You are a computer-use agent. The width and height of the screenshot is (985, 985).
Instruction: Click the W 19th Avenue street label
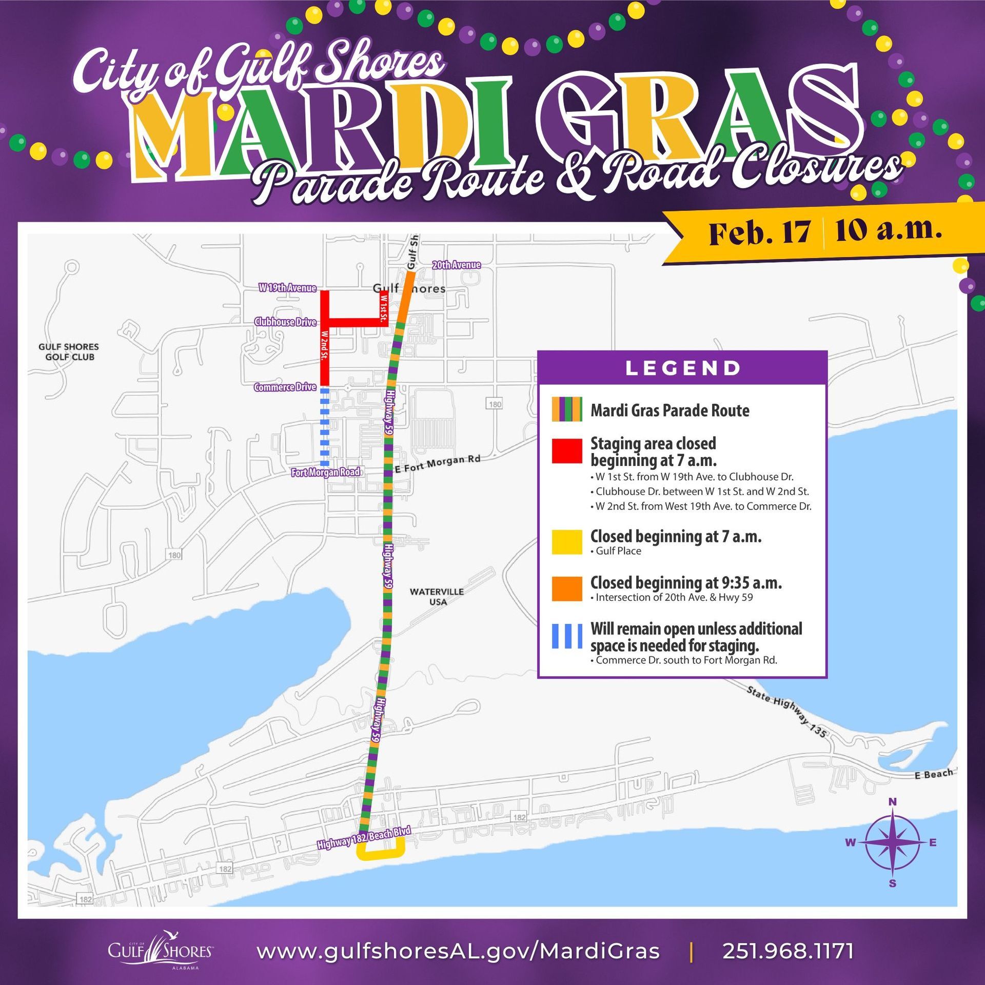[287, 288]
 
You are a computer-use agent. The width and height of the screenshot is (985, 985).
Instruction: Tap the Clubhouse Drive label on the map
[285, 322]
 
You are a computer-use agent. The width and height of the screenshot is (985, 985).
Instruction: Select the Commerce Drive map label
[285, 387]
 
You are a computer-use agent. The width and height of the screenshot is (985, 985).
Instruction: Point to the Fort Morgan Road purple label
[326, 472]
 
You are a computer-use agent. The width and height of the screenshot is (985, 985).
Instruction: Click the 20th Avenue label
[456, 265]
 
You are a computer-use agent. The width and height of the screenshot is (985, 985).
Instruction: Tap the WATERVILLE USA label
[437, 596]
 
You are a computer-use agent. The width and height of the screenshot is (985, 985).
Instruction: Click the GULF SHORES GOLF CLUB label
[69, 352]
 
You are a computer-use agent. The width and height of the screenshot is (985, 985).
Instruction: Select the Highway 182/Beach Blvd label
[364, 837]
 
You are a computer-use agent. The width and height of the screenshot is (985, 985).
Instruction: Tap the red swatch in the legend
[567, 451]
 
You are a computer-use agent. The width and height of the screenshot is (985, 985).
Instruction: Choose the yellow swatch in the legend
[567, 542]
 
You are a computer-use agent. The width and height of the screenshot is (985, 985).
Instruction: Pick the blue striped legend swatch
[567, 636]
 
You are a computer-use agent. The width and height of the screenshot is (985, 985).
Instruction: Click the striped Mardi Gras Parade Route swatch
[567, 409]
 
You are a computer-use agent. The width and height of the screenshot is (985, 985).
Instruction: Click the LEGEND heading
[683, 368]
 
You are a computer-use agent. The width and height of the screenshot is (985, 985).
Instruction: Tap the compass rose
[892, 842]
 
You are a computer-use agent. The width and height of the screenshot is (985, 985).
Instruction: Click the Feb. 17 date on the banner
[759, 233]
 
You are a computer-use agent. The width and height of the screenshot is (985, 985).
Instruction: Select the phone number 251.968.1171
[789, 951]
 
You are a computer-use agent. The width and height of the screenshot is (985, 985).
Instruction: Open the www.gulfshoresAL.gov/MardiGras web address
[458, 951]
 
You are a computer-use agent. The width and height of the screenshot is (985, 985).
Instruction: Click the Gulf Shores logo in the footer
[160, 950]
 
